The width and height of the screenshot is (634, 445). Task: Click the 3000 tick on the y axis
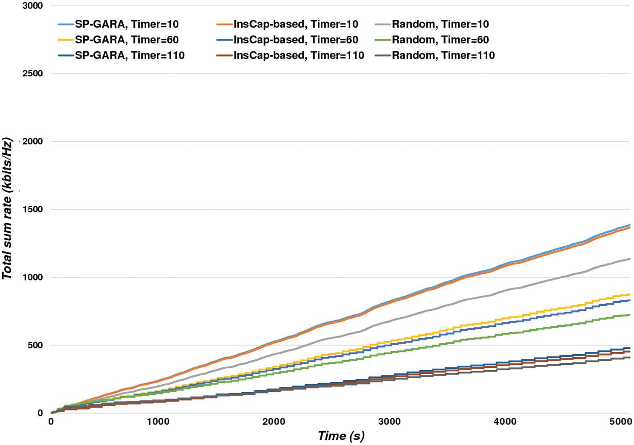[x=34, y=6]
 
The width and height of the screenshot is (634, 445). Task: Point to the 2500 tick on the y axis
[x=34, y=74]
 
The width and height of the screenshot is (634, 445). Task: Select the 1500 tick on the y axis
[x=34, y=210]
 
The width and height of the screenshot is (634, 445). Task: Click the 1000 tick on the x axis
[x=158, y=422]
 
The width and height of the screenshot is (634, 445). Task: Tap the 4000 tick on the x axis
[x=505, y=422]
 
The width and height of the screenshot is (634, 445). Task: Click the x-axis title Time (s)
[x=341, y=436]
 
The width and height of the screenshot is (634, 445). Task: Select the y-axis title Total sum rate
[x=7, y=209]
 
